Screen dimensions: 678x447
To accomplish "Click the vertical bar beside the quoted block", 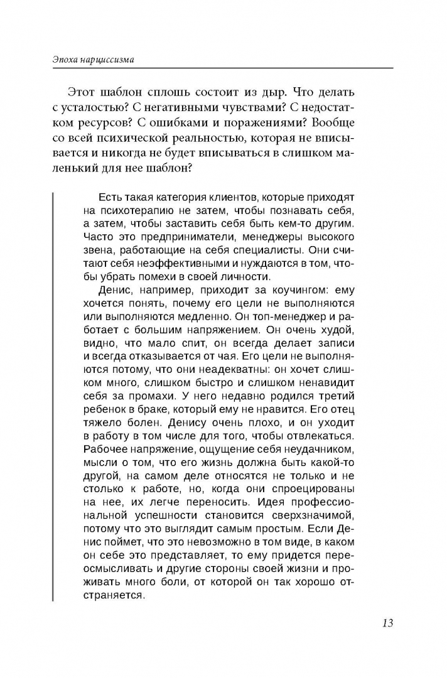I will [53, 389].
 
